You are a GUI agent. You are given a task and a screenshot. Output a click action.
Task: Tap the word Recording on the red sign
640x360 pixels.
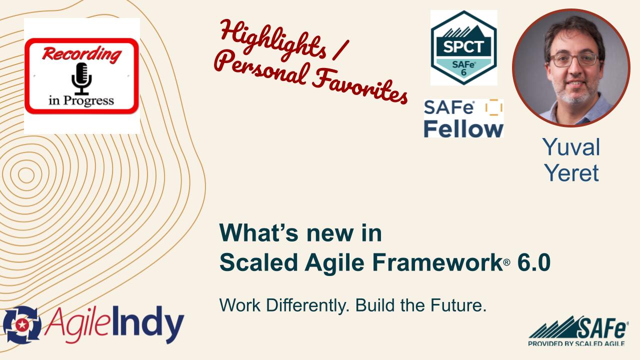[81, 53]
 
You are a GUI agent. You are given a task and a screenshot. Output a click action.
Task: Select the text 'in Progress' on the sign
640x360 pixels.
[81, 100]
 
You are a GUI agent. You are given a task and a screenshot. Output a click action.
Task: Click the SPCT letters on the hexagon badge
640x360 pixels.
[463, 46]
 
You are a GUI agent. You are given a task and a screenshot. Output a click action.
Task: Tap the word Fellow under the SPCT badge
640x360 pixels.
[463, 128]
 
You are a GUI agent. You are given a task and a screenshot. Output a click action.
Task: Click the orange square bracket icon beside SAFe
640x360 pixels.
[493, 107]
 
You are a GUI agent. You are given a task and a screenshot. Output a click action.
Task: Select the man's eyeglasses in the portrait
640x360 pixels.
[573, 59]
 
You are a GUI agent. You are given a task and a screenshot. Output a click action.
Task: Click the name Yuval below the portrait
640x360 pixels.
[571, 147]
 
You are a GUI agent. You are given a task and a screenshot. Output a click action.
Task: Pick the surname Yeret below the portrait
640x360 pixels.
[571, 172]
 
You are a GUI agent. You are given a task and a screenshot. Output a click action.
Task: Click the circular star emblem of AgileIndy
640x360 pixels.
[21, 325]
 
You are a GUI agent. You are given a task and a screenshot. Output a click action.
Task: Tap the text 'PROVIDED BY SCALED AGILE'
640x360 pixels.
[576, 343]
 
